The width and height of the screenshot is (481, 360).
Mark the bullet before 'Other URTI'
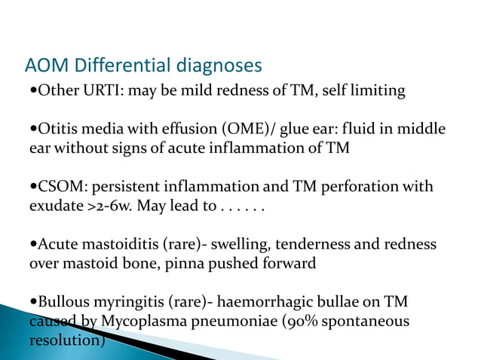[32, 91]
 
